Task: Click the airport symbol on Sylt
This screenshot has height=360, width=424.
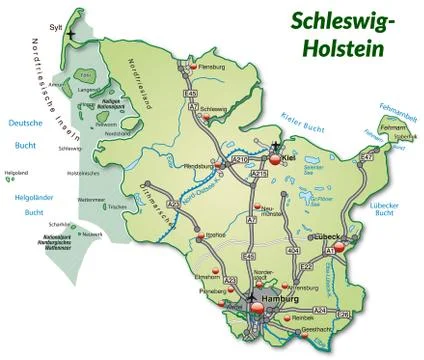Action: [x=72, y=37]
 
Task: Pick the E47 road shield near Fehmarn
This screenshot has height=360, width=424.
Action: [x=366, y=158]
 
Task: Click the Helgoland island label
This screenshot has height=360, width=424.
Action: [x=17, y=173]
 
